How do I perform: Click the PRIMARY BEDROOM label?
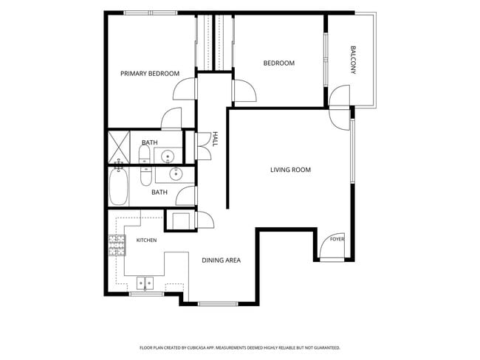tap(150, 74)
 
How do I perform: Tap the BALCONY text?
tap(353, 60)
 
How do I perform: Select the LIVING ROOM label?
tap(290, 170)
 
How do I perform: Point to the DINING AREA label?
tap(221, 260)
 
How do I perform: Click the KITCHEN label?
tap(146, 240)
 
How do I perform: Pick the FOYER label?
tap(337, 239)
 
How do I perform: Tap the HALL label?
tap(216, 139)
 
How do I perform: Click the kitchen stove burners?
tap(117, 245)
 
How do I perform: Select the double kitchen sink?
tap(145, 283)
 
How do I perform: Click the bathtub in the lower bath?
tap(118, 187)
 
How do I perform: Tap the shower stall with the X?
tap(119, 148)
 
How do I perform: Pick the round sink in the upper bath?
tap(168, 156)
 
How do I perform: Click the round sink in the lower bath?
tap(176, 174)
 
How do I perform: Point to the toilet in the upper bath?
tap(144, 154)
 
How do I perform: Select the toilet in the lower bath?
tap(145, 176)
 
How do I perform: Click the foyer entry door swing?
tap(332, 246)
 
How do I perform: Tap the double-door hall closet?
tap(203, 147)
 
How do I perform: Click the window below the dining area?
tap(218, 304)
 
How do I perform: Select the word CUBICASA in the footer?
tap(196, 347)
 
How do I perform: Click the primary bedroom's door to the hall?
tap(185, 89)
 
